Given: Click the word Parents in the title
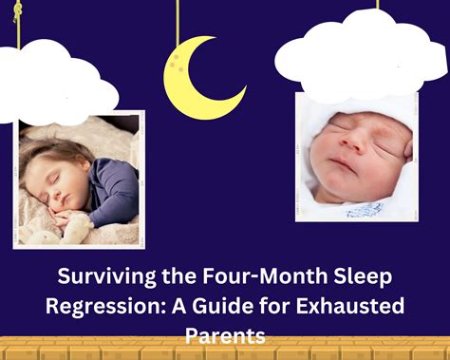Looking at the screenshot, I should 225,335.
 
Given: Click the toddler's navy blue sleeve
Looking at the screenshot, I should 110,190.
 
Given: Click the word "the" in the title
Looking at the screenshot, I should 172,280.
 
